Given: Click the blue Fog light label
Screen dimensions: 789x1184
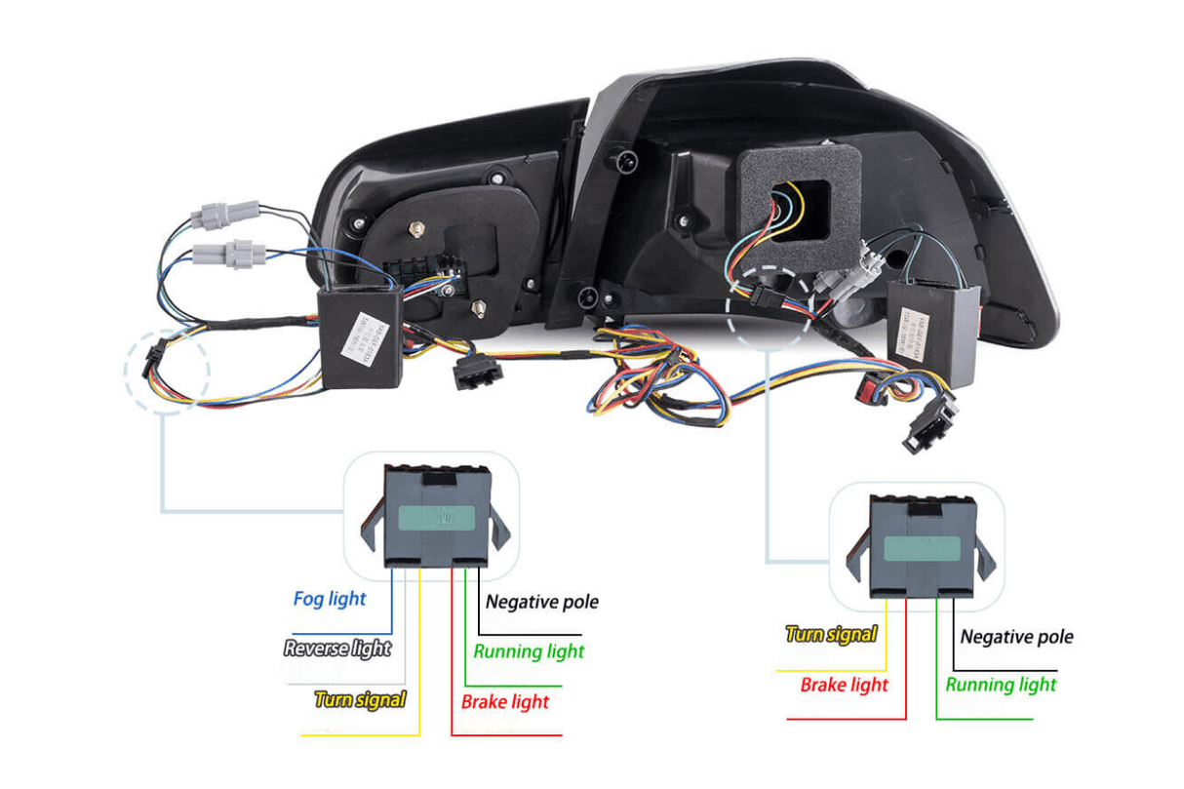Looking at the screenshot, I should coord(330,598).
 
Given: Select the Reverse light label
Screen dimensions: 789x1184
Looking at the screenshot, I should coord(336,648).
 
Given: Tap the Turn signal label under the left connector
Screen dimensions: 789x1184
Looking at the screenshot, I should coord(360,699).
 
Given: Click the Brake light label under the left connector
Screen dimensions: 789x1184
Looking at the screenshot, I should coord(505,702).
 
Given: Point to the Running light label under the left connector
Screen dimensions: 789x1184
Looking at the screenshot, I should coord(529,651).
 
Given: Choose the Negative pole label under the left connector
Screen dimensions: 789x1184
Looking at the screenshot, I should coord(542,602).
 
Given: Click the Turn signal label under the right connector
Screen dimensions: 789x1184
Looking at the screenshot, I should coord(831,634).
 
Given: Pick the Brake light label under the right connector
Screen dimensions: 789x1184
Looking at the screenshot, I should coord(845,685).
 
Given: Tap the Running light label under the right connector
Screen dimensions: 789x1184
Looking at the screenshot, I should coord(1001,685).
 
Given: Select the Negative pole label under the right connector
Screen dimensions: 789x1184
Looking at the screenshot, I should coord(1016,637).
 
